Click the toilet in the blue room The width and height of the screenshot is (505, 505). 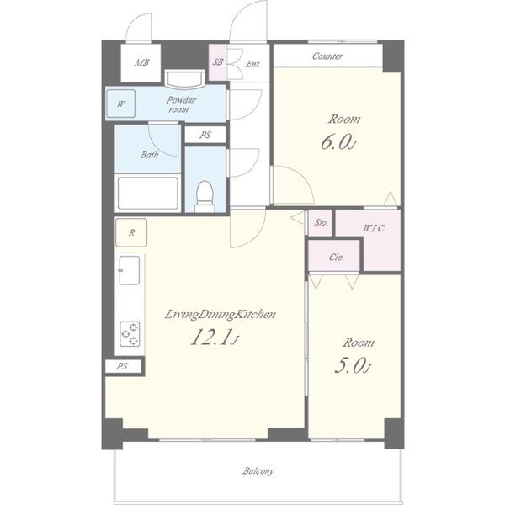click(x=205, y=196)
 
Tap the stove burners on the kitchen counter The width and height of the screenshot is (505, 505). click(x=130, y=334)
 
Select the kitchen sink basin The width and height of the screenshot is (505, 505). click(x=130, y=270)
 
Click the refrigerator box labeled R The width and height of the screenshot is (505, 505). click(x=131, y=232)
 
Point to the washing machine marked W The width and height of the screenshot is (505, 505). click(x=120, y=104)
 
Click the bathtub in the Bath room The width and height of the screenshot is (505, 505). click(x=148, y=194)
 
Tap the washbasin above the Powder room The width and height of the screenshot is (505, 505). click(x=184, y=79)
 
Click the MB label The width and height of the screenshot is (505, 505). click(x=141, y=62)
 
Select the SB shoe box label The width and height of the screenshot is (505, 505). click(x=218, y=61)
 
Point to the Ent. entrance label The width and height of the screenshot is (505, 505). click(x=252, y=64)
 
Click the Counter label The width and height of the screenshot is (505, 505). click(x=327, y=56)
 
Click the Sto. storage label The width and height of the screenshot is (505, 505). click(x=322, y=222)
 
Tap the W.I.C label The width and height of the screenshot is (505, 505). click(x=374, y=228)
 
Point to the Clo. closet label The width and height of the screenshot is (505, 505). click(x=337, y=258)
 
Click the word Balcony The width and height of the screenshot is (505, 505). click(x=258, y=471)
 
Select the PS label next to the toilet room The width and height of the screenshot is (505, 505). click(x=205, y=135)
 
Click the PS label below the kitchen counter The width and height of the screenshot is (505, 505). click(x=122, y=366)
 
